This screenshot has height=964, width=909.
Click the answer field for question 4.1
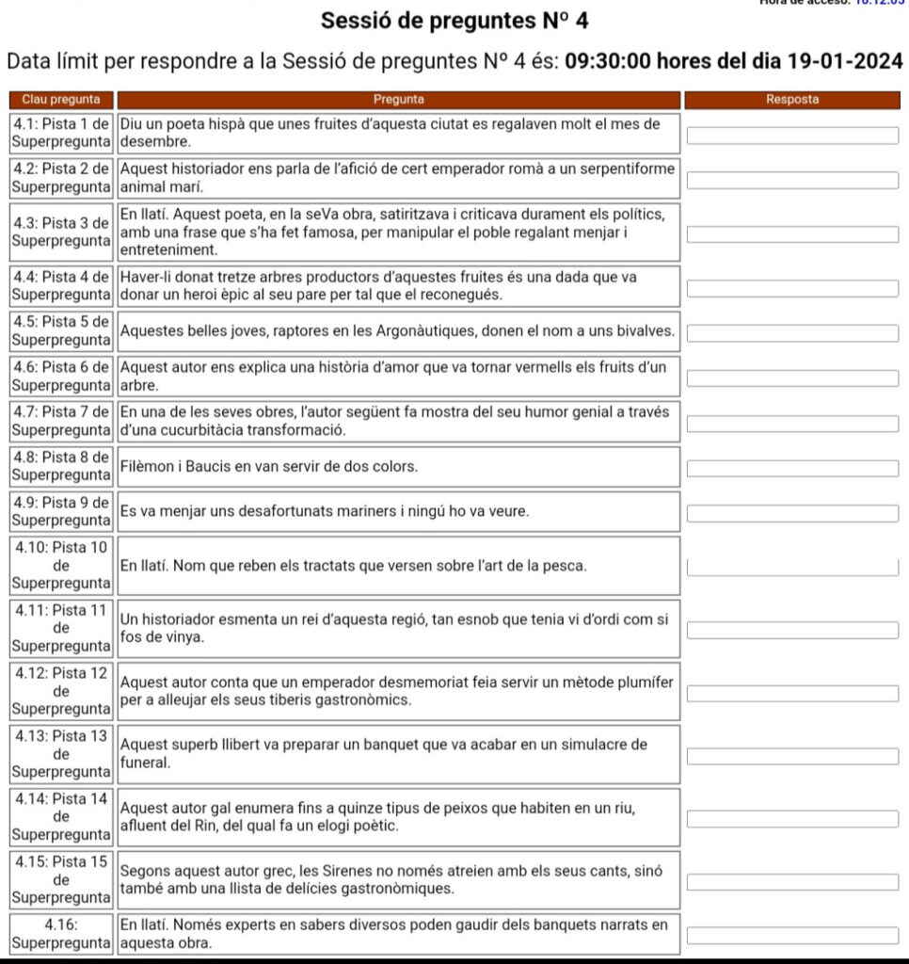(792, 135)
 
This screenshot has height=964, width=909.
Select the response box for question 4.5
(792, 332)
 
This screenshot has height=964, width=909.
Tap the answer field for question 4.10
(792, 567)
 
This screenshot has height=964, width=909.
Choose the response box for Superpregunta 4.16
(792, 936)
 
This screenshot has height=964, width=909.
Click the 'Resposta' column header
(792, 99)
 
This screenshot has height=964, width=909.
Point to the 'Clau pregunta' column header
(62, 99)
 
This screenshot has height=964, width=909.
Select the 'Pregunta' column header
(398, 99)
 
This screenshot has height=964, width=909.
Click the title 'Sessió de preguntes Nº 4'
(454, 21)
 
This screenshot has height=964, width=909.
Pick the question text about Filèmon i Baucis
(269, 466)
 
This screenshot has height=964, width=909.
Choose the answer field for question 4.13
(792, 756)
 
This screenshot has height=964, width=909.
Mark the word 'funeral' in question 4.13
(144, 763)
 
